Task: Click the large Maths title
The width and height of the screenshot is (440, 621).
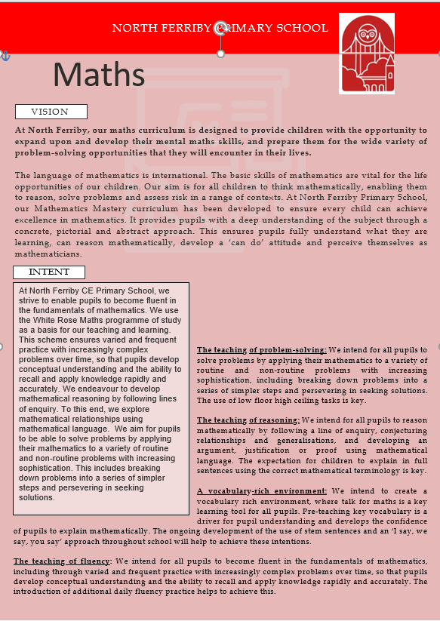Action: (99, 74)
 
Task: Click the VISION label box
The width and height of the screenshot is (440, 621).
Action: (51, 112)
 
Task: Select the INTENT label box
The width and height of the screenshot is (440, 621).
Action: (49, 272)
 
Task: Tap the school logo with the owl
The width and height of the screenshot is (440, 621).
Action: (366, 53)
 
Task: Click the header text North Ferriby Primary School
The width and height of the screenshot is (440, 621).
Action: (220, 29)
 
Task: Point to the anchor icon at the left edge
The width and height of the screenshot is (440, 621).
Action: (5, 56)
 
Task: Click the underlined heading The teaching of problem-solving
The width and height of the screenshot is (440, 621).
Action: (261, 350)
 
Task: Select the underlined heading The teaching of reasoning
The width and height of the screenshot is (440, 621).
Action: (248, 420)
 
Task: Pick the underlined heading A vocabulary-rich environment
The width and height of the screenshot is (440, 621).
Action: (261, 491)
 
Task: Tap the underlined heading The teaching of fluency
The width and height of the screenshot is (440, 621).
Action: (63, 561)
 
